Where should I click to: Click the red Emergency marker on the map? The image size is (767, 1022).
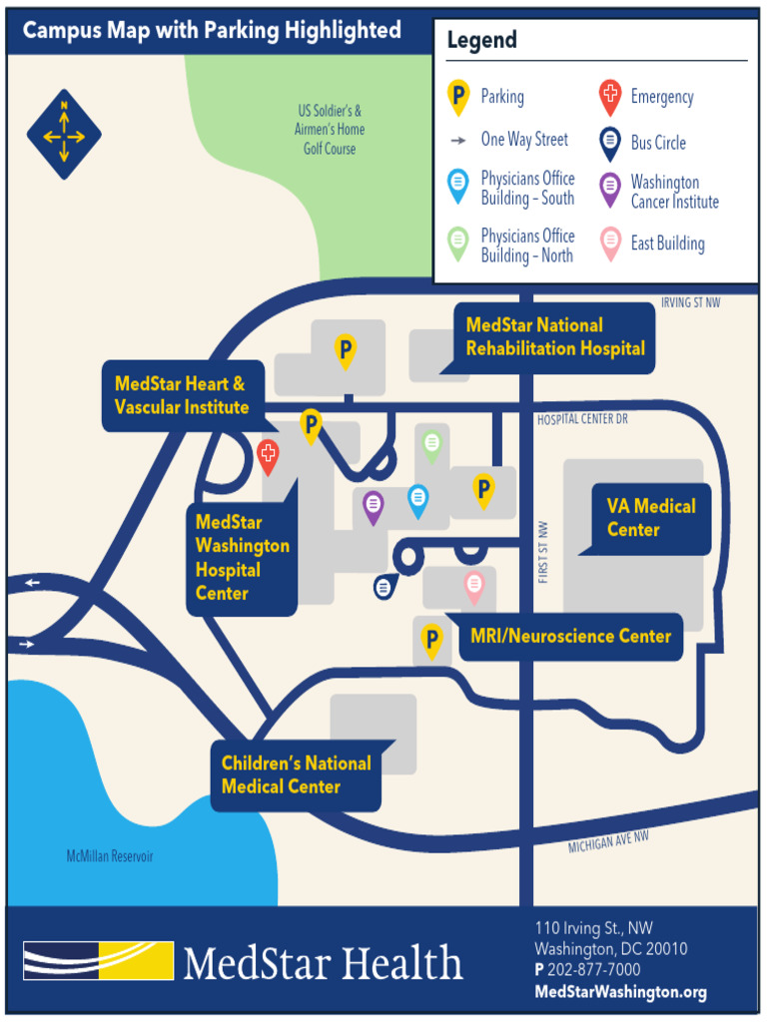pyautogui.click(x=268, y=455)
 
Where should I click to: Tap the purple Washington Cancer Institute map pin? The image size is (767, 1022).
pyautogui.click(x=373, y=506)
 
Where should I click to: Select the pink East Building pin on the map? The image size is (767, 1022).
pyautogui.click(x=473, y=585)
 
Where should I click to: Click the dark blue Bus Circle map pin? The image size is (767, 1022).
pyautogui.click(x=383, y=587)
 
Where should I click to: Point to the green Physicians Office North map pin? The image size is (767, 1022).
pyautogui.click(x=431, y=443)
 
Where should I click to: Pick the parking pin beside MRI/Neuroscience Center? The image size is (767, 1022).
pyautogui.click(x=431, y=639)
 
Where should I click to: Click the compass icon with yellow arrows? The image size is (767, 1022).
pyautogui.click(x=64, y=134)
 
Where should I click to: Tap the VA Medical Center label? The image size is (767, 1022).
pyautogui.click(x=651, y=518)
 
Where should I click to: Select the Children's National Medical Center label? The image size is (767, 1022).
pyautogui.click(x=296, y=775)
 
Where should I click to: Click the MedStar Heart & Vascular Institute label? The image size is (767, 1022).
pyautogui.click(x=182, y=395)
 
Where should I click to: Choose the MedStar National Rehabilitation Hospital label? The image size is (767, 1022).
pyautogui.click(x=555, y=337)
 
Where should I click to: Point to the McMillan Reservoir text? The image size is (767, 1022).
pyautogui.click(x=110, y=856)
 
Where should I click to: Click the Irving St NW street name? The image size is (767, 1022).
pyautogui.click(x=690, y=302)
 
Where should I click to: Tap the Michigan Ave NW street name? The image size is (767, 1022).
pyautogui.click(x=608, y=843)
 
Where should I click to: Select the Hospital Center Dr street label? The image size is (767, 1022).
pyautogui.click(x=581, y=419)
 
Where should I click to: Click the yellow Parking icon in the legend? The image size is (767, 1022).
pyautogui.click(x=458, y=97)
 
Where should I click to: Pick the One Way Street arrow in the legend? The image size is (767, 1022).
pyautogui.click(x=458, y=141)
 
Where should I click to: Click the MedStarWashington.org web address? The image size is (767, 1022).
pyautogui.click(x=620, y=992)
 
